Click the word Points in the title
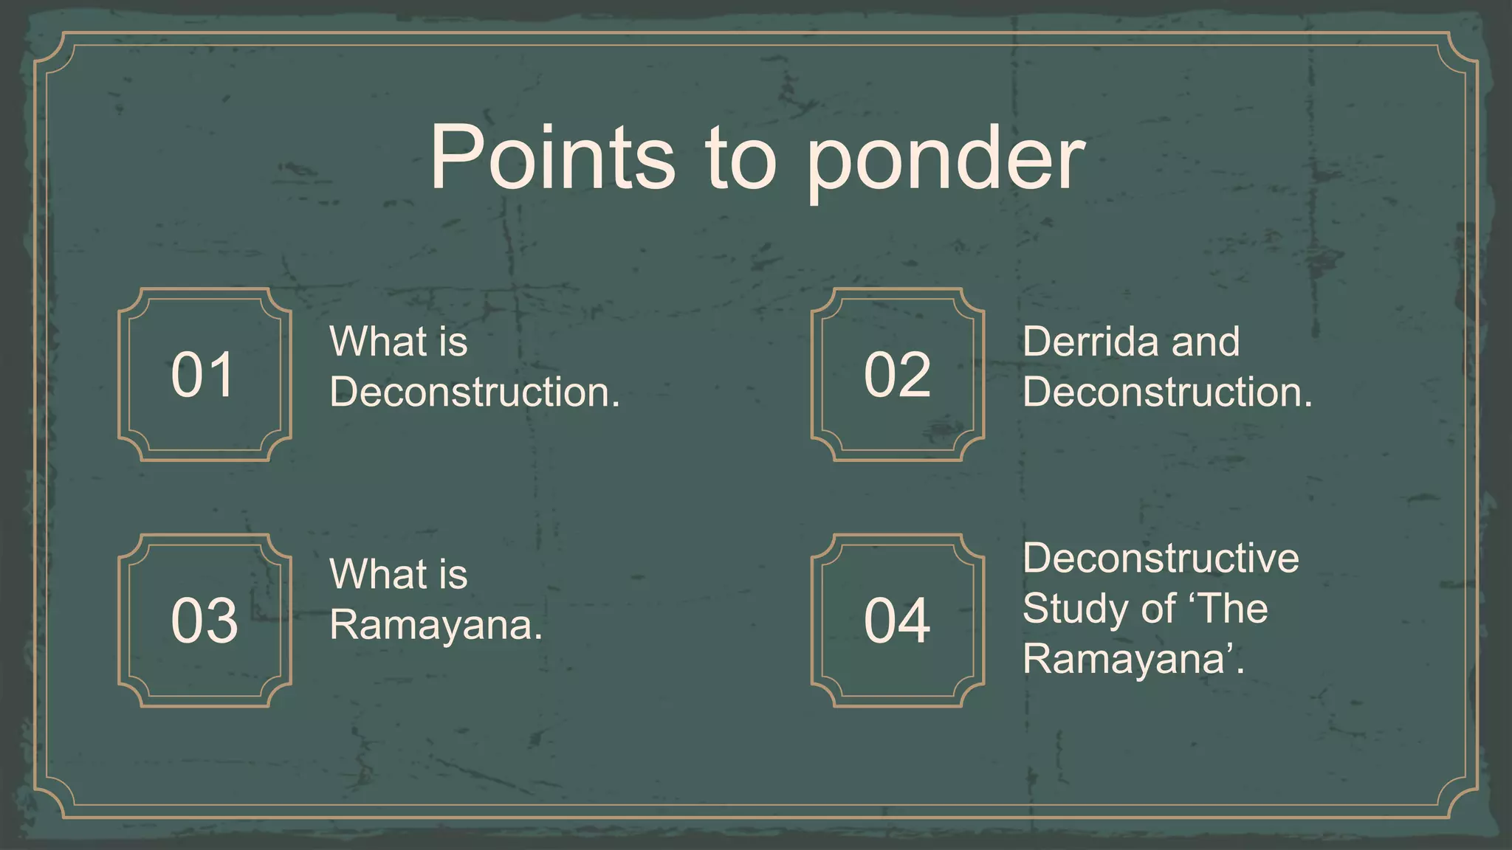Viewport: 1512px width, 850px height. (x=552, y=157)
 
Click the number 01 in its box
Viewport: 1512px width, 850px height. (x=203, y=375)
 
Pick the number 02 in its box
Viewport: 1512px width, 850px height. (x=897, y=375)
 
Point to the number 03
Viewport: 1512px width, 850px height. (x=205, y=621)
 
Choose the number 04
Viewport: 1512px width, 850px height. (x=897, y=621)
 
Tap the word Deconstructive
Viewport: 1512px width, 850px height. (x=1161, y=558)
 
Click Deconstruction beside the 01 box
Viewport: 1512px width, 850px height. (x=474, y=392)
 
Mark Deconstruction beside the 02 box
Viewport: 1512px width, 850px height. (x=1167, y=392)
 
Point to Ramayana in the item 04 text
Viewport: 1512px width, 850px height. (x=1128, y=660)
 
